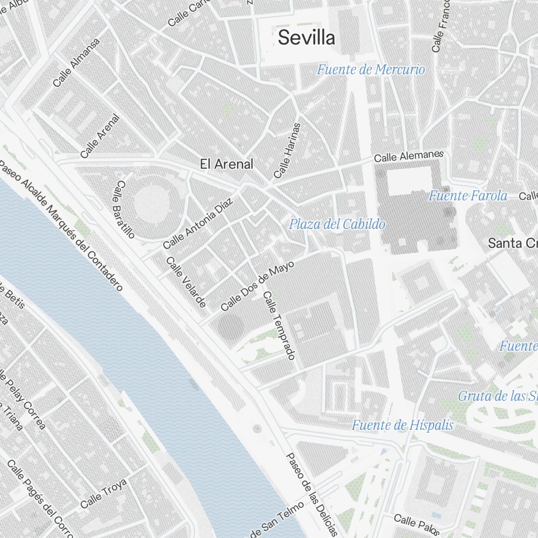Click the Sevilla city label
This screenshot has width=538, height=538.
(307, 38)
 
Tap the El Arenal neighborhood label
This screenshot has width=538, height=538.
(226, 164)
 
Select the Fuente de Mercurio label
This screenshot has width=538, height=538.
(371, 69)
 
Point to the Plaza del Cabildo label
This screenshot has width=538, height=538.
(337, 224)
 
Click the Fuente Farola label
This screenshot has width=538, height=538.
(468, 196)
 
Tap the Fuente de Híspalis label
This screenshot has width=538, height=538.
(402, 426)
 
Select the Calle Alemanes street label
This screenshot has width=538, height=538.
(409, 157)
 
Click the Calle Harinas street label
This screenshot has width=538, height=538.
(287, 150)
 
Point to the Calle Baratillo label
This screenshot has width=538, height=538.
(123, 209)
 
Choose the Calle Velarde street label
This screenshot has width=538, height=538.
(186, 282)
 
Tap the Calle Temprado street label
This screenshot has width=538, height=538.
(279, 325)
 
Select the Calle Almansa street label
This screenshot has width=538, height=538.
(77, 62)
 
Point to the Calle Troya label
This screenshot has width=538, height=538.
(103, 493)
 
